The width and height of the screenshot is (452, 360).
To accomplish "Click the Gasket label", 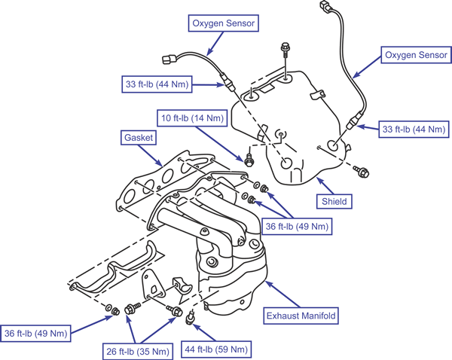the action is click(x=139, y=138).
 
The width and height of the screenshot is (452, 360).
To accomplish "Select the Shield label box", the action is click(x=334, y=201).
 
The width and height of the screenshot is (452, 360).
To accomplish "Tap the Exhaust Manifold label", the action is click(x=301, y=316).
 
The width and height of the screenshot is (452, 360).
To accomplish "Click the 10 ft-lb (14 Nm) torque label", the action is click(x=192, y=118).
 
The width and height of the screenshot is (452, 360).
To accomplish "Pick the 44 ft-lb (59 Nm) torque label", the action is click(x=216, y=349).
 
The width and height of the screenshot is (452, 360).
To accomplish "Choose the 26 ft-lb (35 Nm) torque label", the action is click(x=138, y=352).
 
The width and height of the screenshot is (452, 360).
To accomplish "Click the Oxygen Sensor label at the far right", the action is click(x=416, y=55).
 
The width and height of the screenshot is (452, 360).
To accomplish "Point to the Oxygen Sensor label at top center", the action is click(x=224, y=23).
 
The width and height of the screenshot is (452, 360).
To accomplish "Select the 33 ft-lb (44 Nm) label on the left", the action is click(x=157, y=84).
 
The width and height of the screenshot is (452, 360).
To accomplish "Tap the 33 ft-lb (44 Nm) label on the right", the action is click(x=414, y=129).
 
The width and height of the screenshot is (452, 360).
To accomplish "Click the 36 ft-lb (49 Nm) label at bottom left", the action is click(x=35, y=334).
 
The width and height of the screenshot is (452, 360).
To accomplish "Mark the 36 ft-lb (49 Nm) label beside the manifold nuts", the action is click(x=297, y=226).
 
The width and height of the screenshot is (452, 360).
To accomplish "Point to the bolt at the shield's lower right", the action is click(x=361, y=171).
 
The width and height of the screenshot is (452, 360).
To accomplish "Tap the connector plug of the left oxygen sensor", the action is click(x=168, y=59).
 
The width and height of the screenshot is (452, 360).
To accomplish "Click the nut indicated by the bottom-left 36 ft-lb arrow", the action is click(x=115, y=311).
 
